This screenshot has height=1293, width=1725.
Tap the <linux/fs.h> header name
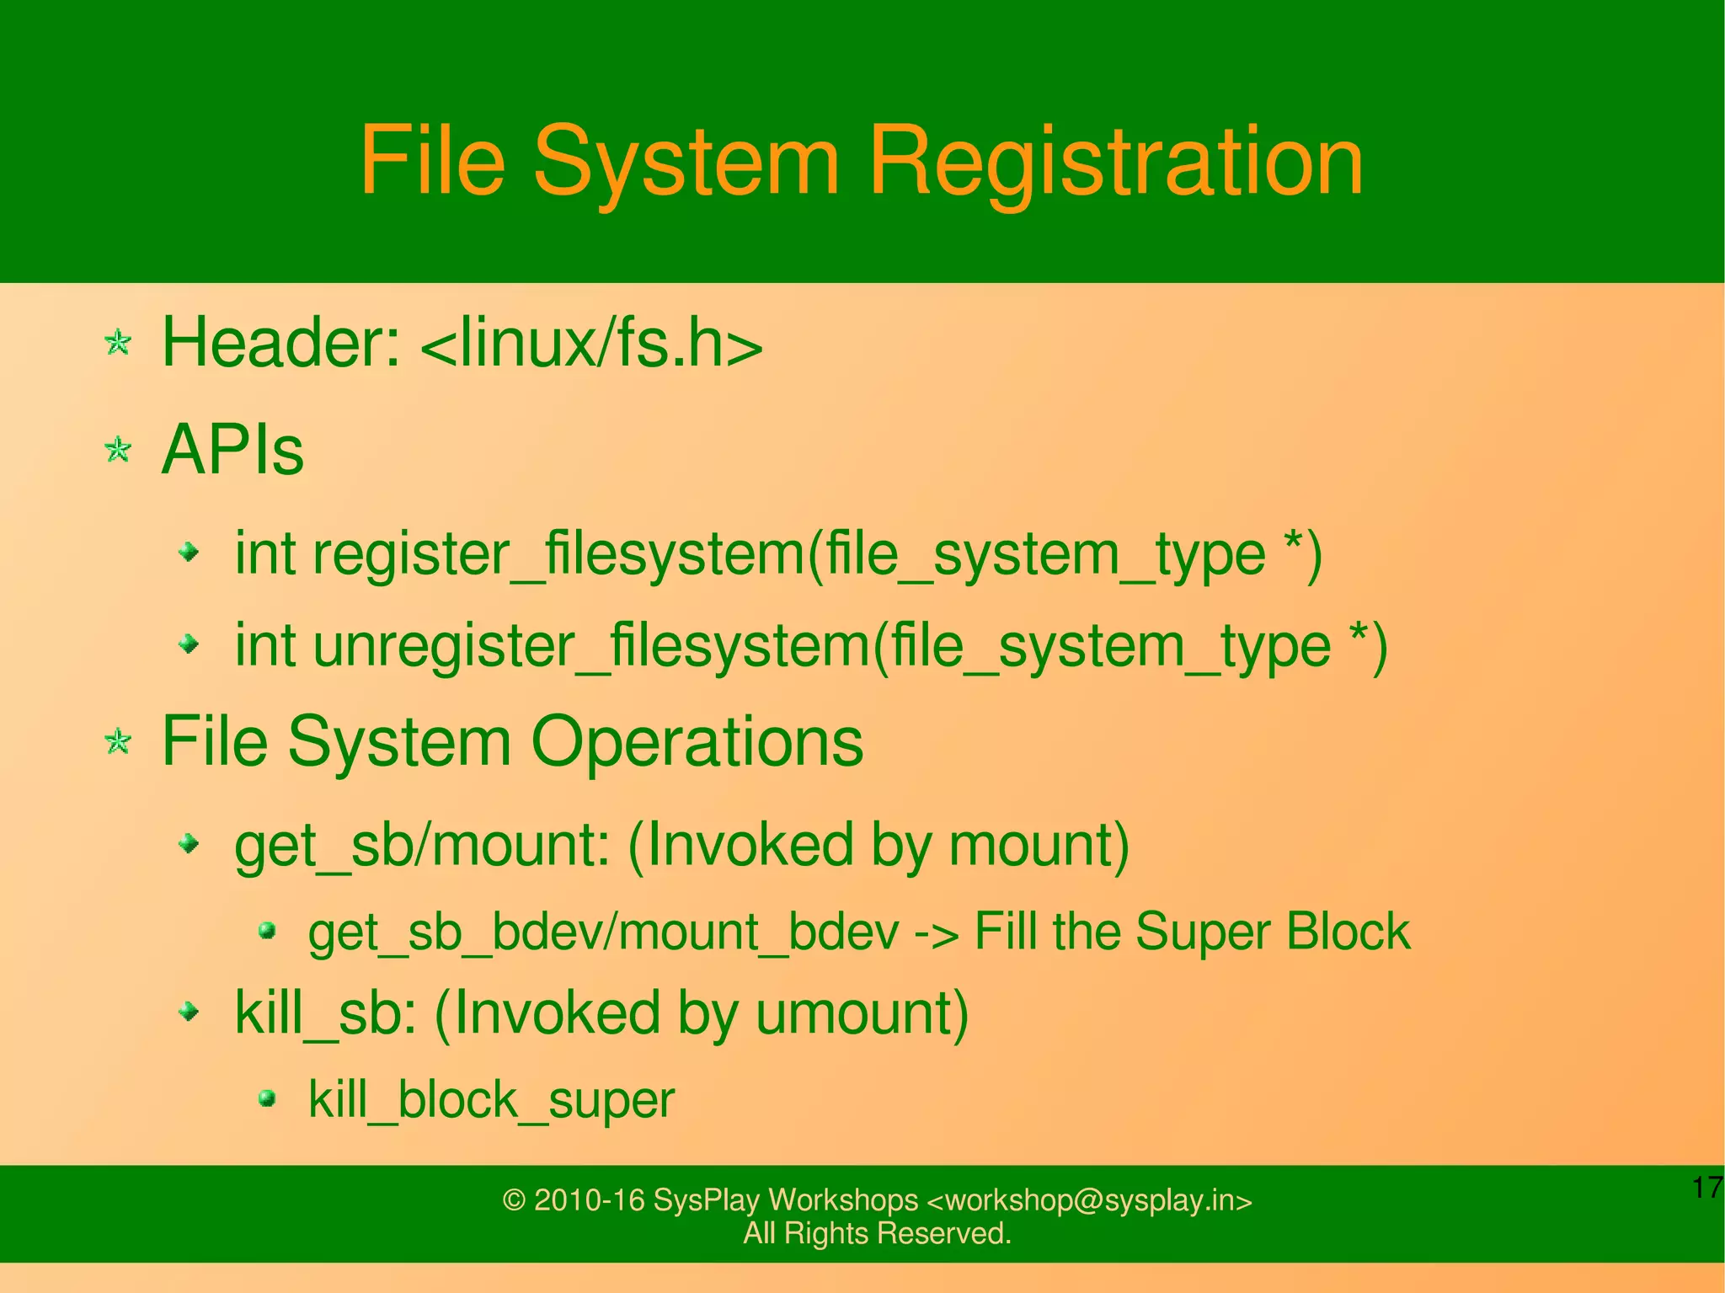pos(590,345)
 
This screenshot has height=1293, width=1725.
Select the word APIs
pos(232,451)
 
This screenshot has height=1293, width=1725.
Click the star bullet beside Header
pos(118,343)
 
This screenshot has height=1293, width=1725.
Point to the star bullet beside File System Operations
pos(118,741)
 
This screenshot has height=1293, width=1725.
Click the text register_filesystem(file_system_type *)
pos(817,554)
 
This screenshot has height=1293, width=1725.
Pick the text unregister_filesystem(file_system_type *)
pos(850,646)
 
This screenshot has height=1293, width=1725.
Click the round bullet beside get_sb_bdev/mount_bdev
pos(267,931)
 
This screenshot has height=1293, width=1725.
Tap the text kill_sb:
pos(325,1012)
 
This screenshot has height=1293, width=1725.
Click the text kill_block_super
pos(491,1100)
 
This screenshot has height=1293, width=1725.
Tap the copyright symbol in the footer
pos(514,1199)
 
